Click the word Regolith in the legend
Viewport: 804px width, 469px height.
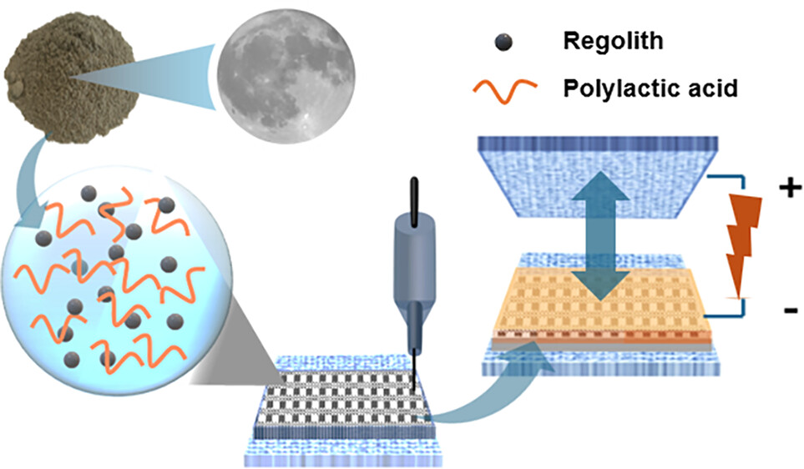click(614, 41)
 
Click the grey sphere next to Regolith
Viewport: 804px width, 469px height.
click(504, 42)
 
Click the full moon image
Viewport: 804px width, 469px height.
click(286, 75)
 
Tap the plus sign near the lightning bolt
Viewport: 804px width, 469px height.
click(790, 188)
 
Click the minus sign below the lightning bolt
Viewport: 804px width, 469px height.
click(791, 310)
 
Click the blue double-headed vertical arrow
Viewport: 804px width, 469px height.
click(600, 235)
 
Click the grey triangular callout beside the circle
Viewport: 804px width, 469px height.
click(232, 346)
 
